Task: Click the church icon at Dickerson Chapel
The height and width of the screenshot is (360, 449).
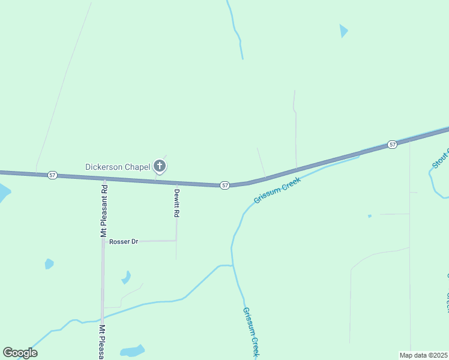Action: (x=160, y=166)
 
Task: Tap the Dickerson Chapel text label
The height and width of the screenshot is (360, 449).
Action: (x=117, y=167)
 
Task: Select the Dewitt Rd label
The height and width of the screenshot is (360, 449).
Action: (x=177, y=203)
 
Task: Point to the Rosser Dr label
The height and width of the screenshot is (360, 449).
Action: (x=124, y=241)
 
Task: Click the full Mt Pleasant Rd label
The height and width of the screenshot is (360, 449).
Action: (x=104, y=211)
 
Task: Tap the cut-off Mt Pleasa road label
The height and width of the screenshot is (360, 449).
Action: (x=103, y=341)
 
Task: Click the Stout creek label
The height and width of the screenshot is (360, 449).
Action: (x=440, y=155)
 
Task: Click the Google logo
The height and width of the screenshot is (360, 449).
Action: (x=20, y=353)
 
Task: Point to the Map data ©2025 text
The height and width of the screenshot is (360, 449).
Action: (x=424, y=355)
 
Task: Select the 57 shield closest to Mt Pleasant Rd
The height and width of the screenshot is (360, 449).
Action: (x=53, y=175)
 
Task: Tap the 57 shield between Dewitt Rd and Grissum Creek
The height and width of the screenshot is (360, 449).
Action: (x=224, y=185)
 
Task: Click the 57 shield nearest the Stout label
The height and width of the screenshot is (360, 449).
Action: (x=392, y=145)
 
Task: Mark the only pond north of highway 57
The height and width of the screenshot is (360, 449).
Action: (x=343, y=31)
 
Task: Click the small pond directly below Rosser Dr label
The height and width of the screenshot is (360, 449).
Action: (x=126, y=277)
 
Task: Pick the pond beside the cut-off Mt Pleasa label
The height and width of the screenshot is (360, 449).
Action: (x=132, y=350)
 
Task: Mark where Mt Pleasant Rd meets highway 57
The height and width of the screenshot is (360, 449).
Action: (x=104, y=179)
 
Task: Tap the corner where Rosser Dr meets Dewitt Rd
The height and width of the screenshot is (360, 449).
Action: (x=176, y=241)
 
